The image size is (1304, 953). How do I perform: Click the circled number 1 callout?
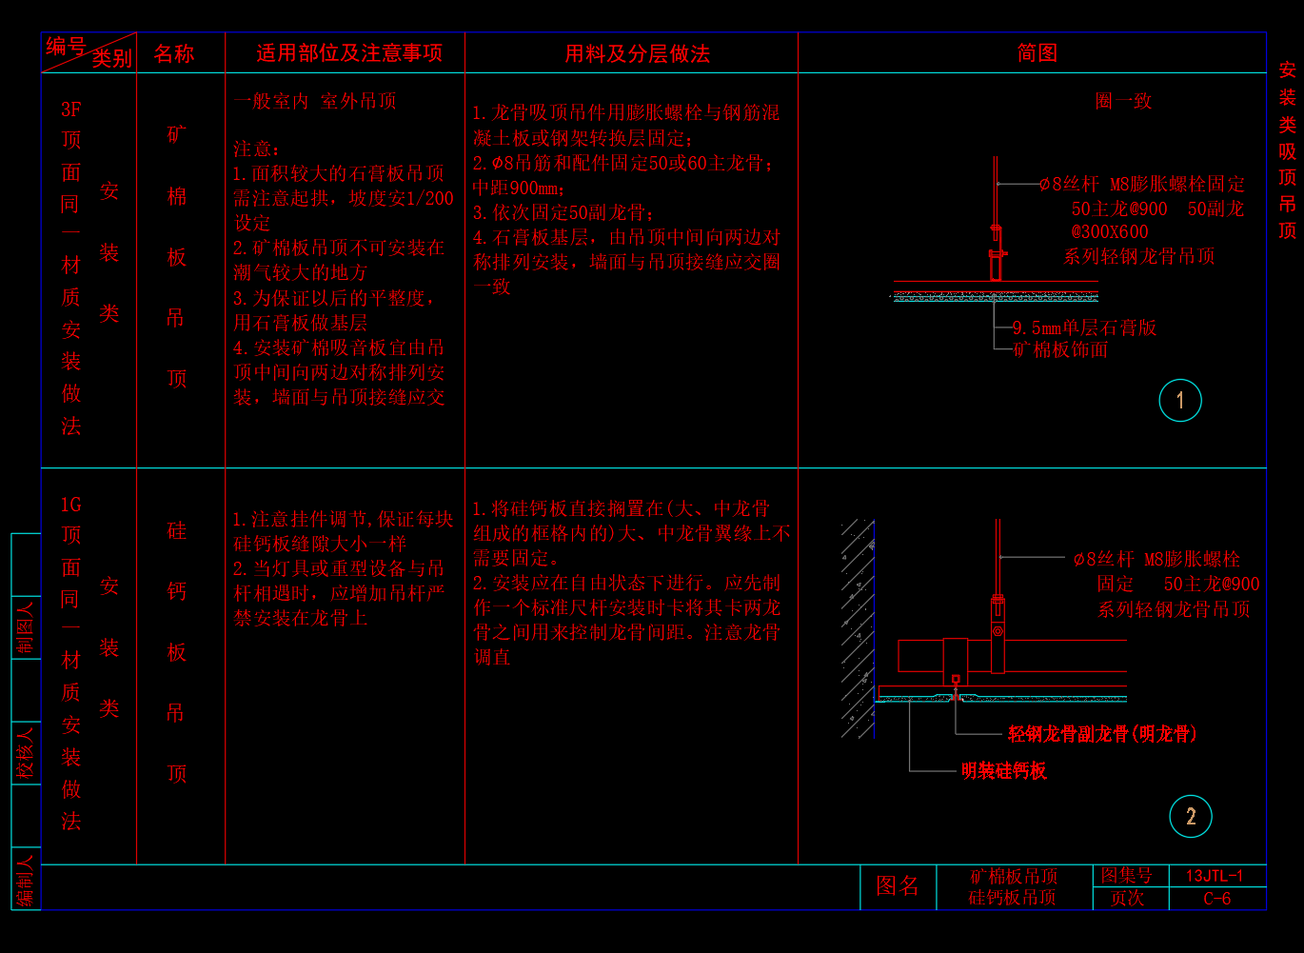click(1180, 401)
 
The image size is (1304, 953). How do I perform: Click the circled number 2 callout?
click(1191, 816)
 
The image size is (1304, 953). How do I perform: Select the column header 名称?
click(174, 54)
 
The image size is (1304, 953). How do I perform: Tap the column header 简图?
click(1037, 53)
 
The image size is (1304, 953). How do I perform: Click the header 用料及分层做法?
click(637, 54)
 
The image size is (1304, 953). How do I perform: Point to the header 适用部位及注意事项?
click(349, 53)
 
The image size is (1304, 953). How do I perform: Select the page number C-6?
click(1216, 899)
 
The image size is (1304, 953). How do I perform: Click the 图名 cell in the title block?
click(897, 886)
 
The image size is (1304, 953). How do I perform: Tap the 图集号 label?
click(1127, 876)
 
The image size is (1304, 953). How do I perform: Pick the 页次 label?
click(1127, 899)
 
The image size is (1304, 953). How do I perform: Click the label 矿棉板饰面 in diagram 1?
click(1060, 349)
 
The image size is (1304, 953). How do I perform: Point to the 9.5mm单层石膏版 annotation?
click(1084, 328)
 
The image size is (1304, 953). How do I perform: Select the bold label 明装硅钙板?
click(1003, 770)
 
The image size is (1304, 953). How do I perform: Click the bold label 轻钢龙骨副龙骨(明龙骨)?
click(1102, 733)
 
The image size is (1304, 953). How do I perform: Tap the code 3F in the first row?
click(71, 109)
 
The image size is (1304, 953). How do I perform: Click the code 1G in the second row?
click(71, 505)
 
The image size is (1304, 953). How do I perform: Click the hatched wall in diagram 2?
click(858, 628)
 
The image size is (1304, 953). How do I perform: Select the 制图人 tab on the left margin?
click(26, 628)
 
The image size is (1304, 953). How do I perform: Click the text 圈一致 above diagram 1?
click(1123, 101)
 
